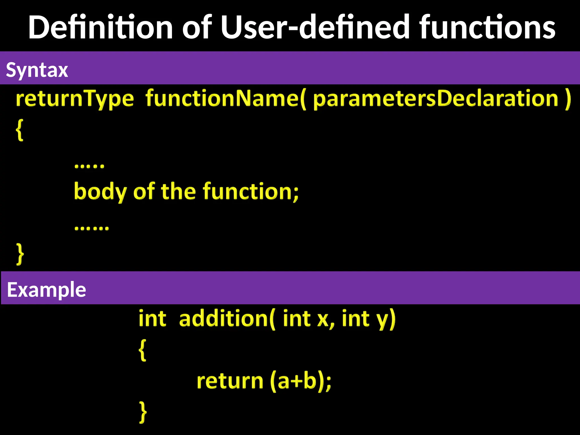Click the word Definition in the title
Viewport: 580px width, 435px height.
[101, 27]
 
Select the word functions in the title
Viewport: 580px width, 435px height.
[487, 27]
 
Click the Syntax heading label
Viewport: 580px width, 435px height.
[37, 70]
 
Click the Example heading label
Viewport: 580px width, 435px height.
[46, 290]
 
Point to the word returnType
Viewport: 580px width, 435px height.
[75, 99]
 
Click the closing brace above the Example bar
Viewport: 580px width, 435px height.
[20, 254]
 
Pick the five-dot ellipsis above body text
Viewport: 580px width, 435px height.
[89, 166]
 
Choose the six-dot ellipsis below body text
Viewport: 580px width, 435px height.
[91, 228]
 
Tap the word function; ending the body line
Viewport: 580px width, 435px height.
[251, 192]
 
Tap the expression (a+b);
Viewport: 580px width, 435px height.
[300, 381]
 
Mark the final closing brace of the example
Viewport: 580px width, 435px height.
[143, 412]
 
